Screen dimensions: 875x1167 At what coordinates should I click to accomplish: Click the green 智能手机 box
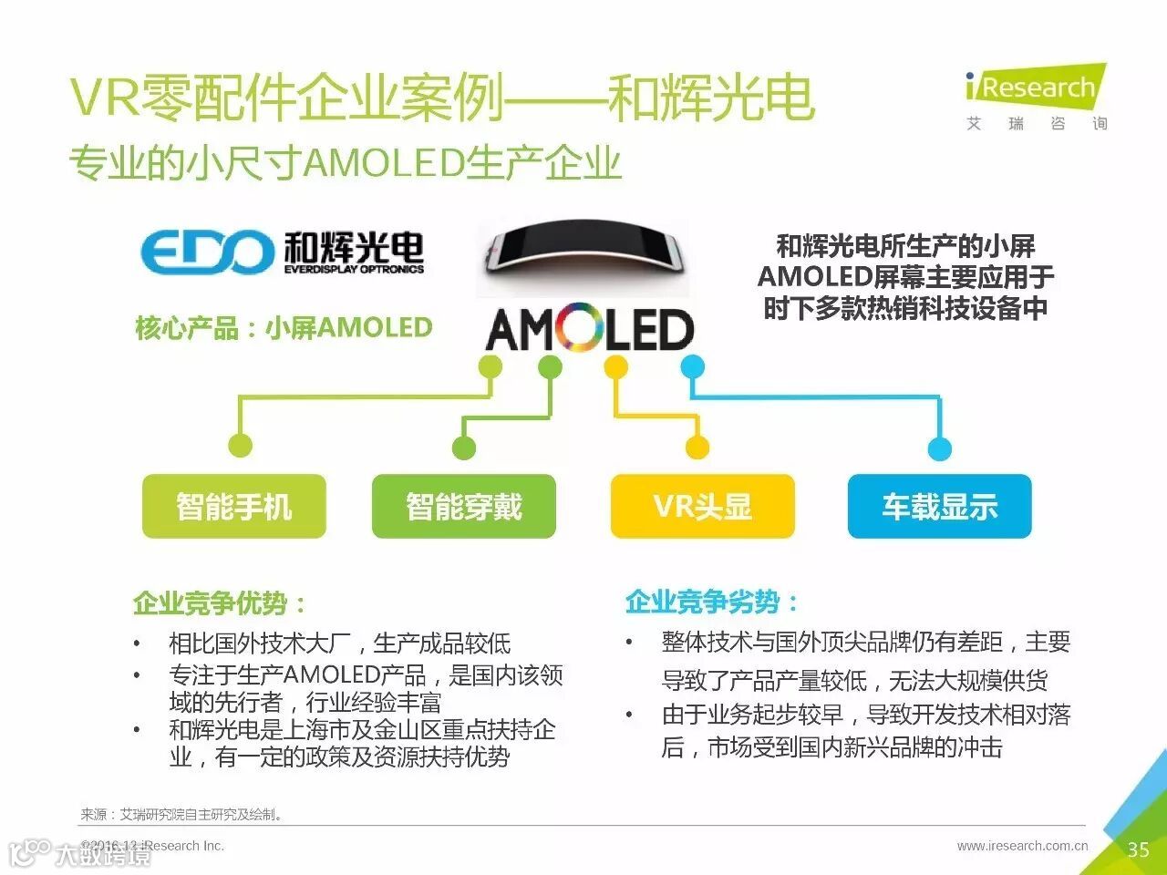click(x=234, y=506)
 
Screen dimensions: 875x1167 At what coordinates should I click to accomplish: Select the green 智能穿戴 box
click(x=463, y=506)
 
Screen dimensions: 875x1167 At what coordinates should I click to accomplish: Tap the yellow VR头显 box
click(x=702, y=506)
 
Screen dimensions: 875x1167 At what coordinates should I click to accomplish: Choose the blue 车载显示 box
click(x=939, y=506)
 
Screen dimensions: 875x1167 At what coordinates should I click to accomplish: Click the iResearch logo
click(x=1035, y=89)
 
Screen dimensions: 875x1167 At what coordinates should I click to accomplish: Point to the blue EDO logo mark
click(x=206, y=252)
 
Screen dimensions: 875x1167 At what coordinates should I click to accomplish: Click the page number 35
click(x=1138, y=849)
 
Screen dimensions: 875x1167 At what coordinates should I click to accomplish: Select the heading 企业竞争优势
click(x=219, y=602)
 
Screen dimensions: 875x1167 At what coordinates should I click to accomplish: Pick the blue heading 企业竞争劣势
click(x=711, y=602)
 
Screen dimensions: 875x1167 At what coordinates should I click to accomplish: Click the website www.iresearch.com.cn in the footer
click(x=1022, y=846)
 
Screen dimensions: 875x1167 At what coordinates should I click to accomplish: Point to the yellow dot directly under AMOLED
click(x=616, y=367)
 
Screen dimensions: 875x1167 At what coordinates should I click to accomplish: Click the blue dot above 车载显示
click(x=939, y=448)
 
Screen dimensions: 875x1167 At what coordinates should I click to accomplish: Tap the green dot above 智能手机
click(x=240, y=446)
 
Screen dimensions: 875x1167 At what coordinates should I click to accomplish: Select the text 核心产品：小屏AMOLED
click(x=284, y=328)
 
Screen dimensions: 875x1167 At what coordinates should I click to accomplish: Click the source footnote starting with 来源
click(x=182, y=814)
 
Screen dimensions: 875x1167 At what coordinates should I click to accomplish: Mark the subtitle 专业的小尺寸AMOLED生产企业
click(x=346, y=164)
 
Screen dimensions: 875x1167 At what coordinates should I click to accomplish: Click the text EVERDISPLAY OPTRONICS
click(x=354, y=269)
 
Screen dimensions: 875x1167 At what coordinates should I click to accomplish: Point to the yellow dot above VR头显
click(x=697, y=448)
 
